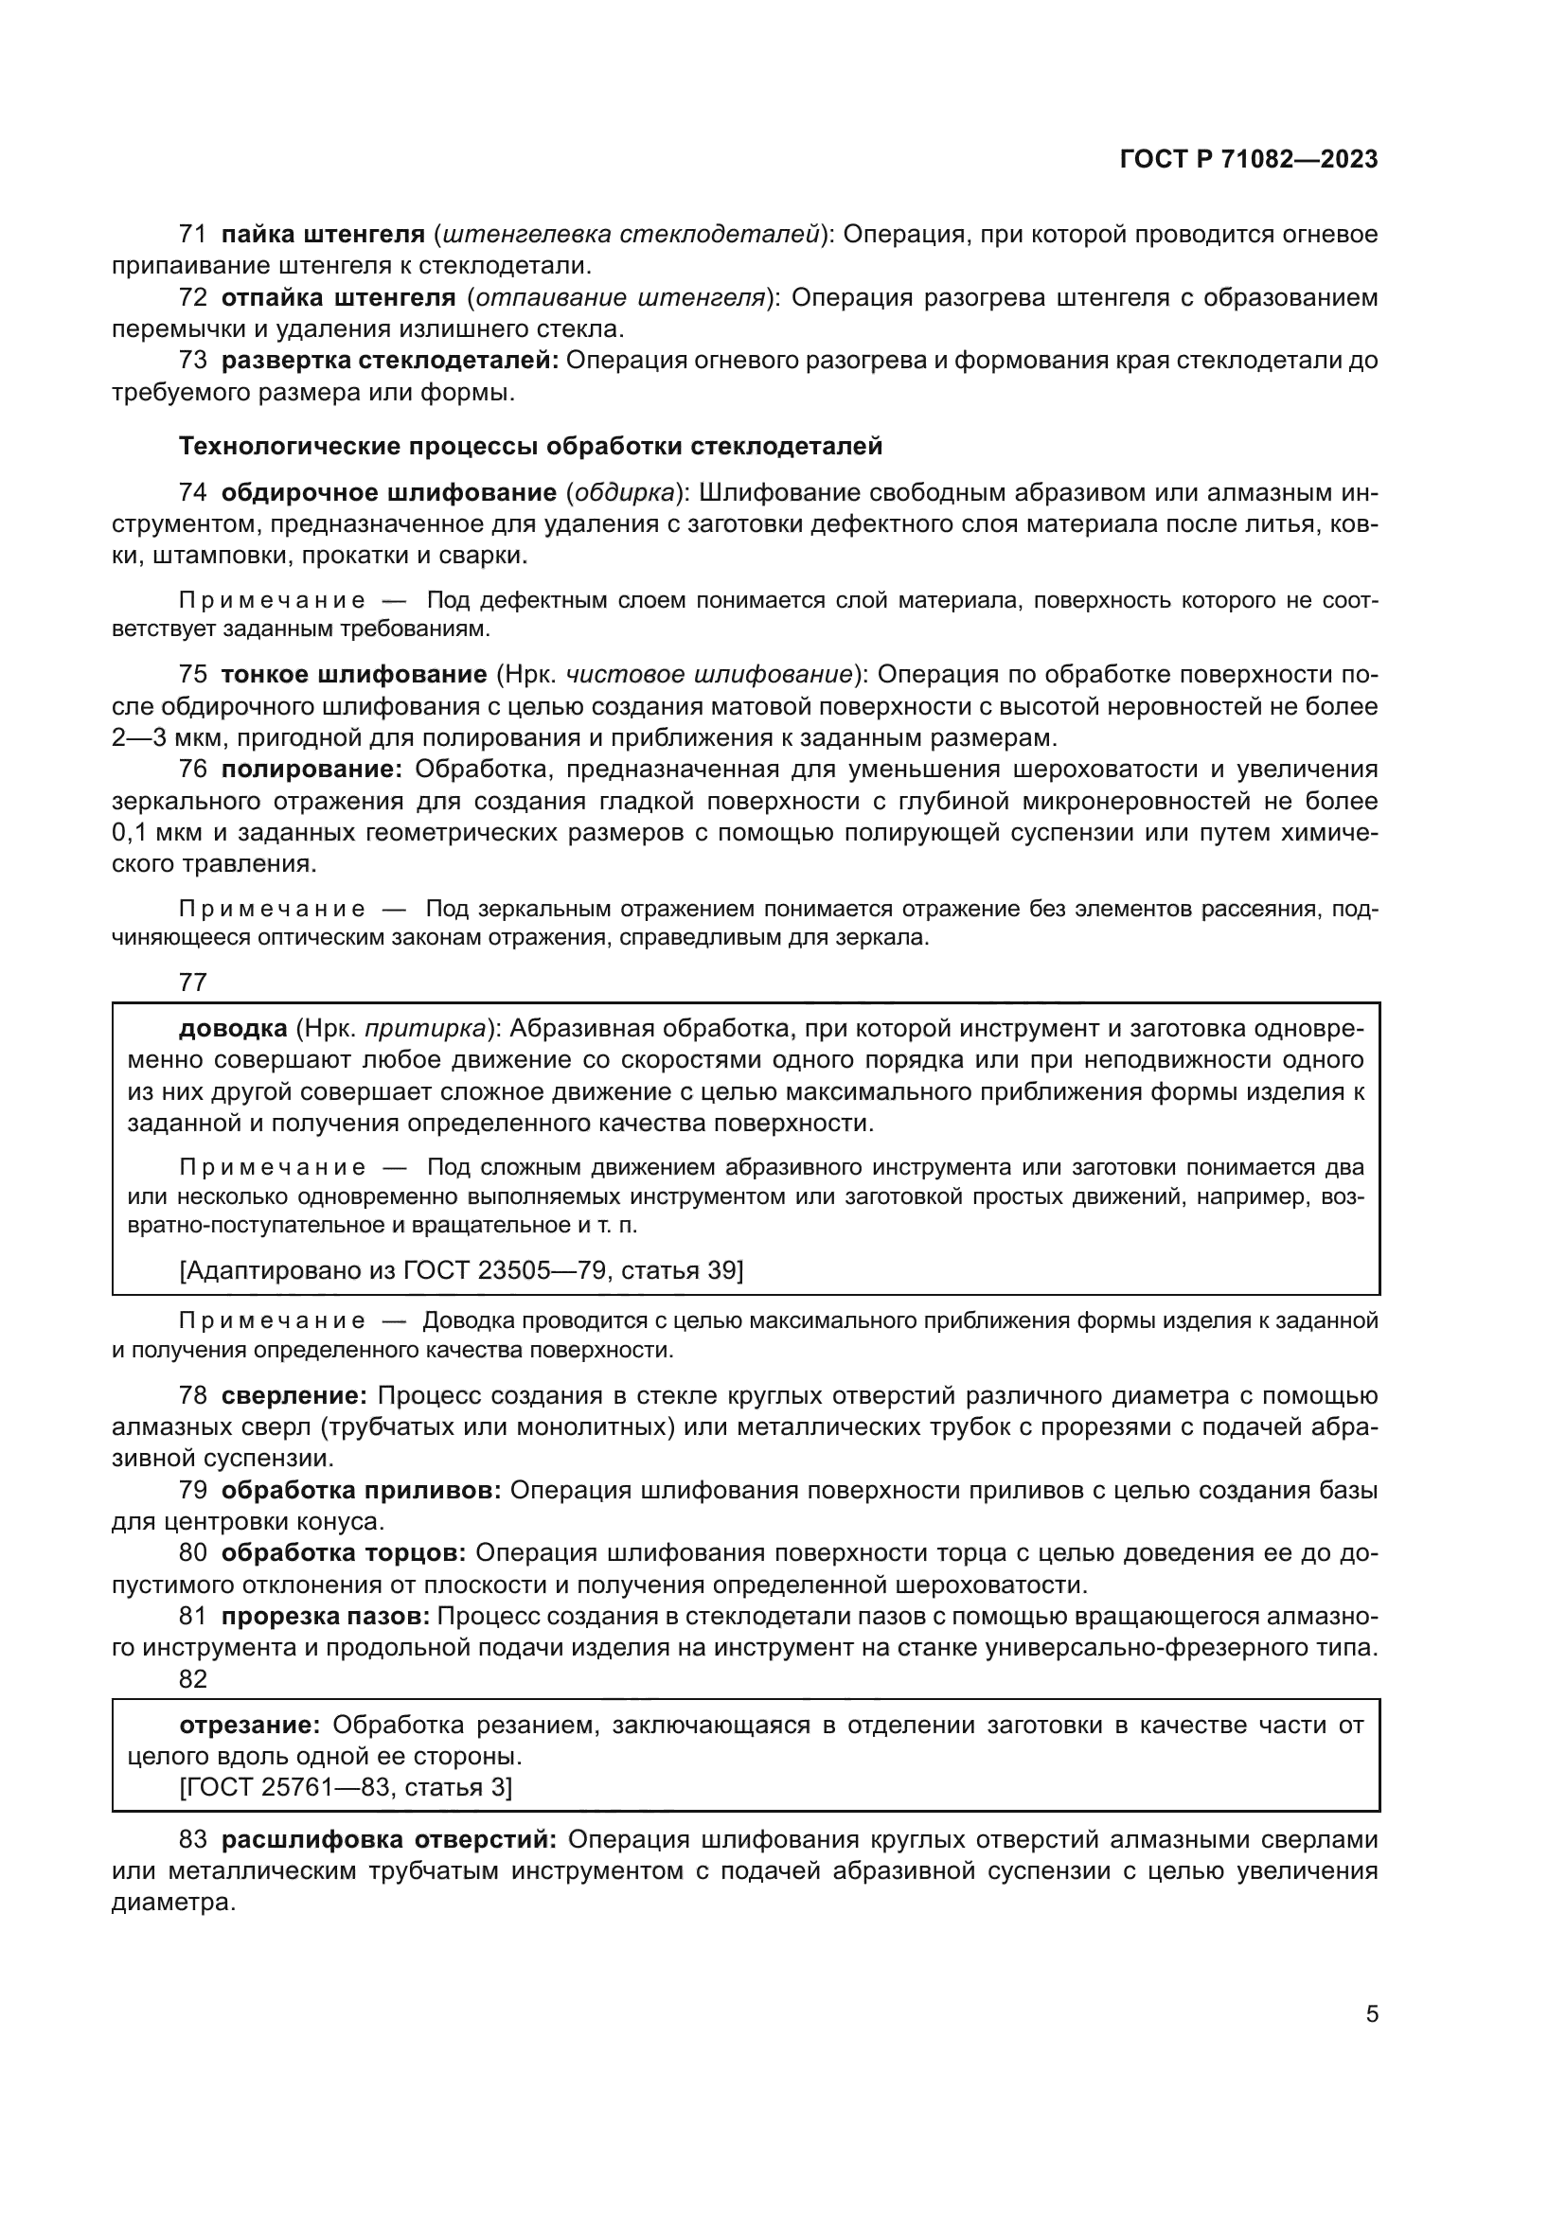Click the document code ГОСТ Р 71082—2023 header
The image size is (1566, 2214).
click(1249, 160)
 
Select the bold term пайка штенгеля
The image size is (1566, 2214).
click(323, 235)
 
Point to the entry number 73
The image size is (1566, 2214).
click(193, 361)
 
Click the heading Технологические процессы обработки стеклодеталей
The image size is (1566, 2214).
click(530, 447)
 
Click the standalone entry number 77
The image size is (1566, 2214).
click(193, 983)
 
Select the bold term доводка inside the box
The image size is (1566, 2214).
click(233, 1029)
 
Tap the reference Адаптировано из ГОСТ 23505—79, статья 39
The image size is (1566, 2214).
click(462, 1270)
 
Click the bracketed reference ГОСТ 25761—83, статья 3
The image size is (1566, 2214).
click(347, 1787)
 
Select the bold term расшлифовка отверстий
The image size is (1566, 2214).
click(388, 1840)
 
